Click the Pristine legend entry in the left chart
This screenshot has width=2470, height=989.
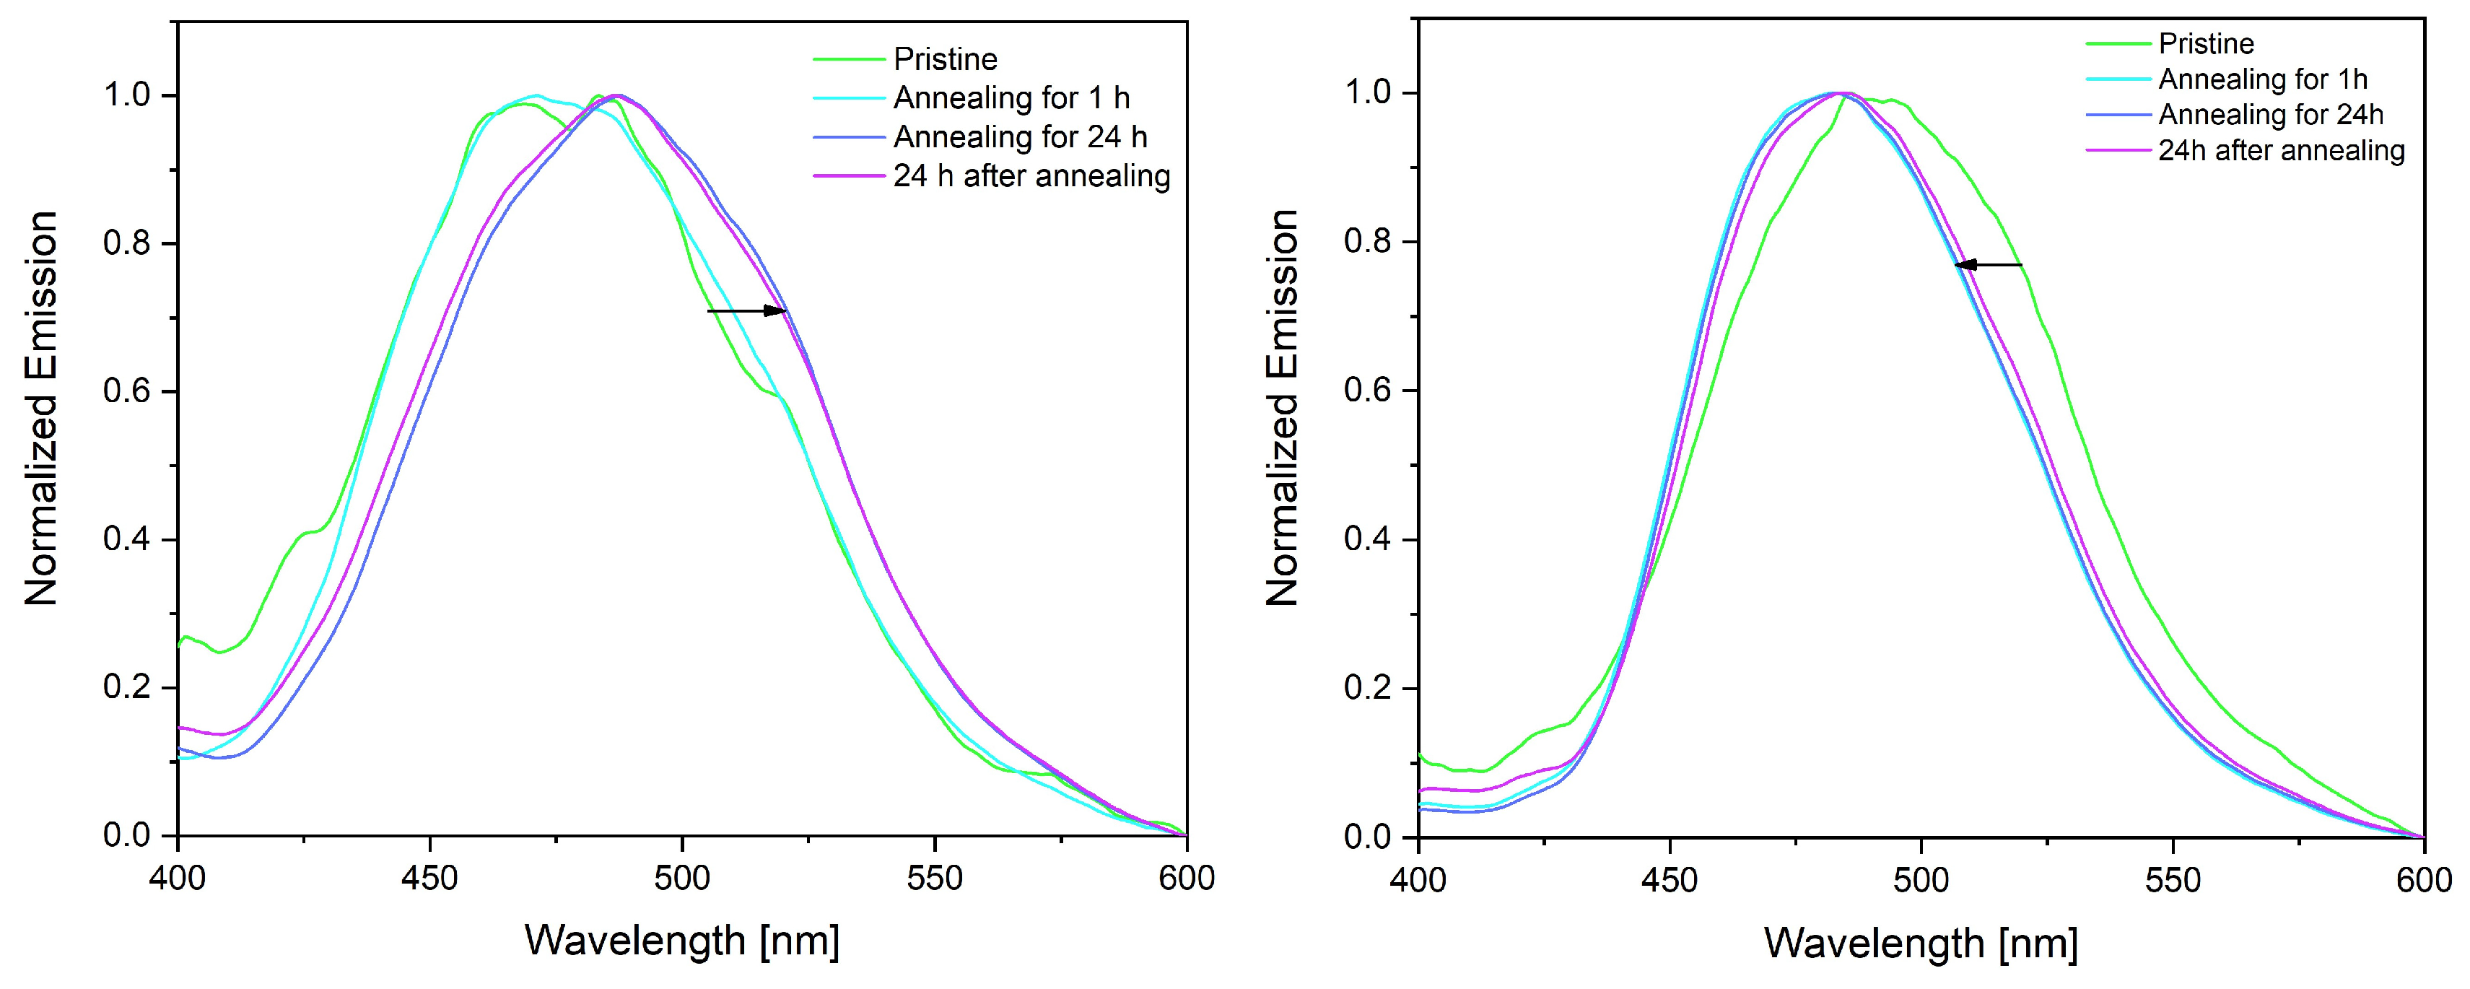(x=946, y=59)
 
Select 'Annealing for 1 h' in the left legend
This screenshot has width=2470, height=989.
(x=1011, y=98)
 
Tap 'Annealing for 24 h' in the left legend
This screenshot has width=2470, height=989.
(x=1020, y=137)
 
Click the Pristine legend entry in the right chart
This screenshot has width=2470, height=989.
(x=2207, y=43)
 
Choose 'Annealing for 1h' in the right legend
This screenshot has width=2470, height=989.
(x=2263, y=79)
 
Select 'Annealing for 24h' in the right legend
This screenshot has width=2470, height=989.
(x=2271, y=114)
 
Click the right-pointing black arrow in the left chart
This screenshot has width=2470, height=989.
(x=747, y=311)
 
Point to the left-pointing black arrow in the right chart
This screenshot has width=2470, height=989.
(x=1988, y=265)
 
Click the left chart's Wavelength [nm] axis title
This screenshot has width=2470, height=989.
(x=682, y=941)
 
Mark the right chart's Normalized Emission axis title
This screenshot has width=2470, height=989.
(x=1282, y=408)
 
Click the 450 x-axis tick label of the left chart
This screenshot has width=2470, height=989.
(x=429, y=878)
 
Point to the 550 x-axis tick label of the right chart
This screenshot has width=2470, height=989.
(x=2173, y=880)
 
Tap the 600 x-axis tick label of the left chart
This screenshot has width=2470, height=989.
(x=1187, y=878)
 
